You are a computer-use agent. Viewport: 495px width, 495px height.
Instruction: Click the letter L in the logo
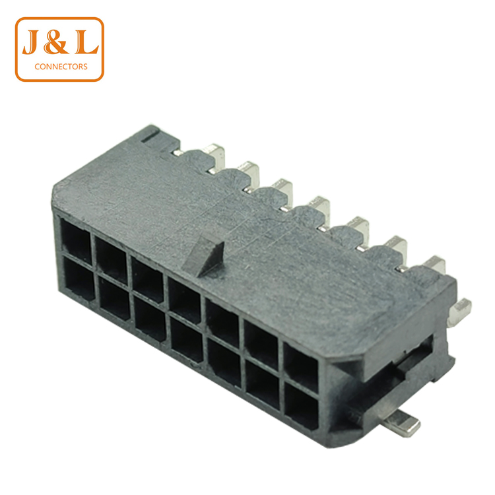(86, 42)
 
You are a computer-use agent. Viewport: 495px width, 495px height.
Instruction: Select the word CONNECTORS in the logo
(61, 67)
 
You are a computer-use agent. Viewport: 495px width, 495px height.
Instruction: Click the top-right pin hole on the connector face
(301, 368)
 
